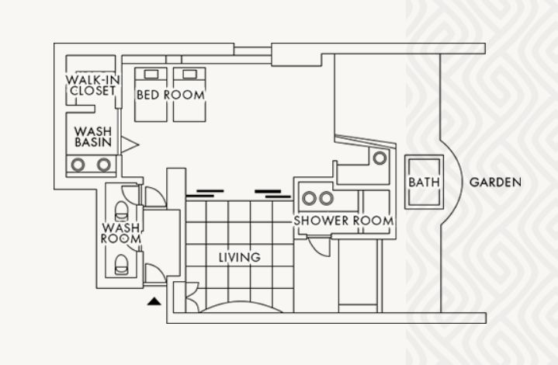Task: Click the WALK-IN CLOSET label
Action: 92,85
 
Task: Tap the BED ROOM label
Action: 171,95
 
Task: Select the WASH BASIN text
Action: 93,137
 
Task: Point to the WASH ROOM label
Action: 121,233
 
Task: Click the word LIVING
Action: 240,257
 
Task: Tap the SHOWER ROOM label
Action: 343,221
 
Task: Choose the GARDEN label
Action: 495,182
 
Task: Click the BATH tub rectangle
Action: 424,182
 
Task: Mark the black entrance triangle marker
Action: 154,301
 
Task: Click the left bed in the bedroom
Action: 151,95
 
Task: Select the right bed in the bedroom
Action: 189,95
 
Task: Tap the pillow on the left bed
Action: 151,74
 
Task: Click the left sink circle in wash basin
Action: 78,165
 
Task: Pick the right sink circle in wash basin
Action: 103,165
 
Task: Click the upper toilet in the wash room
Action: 121,211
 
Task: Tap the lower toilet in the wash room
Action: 121,265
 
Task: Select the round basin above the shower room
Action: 380,158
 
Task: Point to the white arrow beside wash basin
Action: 130,144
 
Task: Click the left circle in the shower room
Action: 309,198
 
